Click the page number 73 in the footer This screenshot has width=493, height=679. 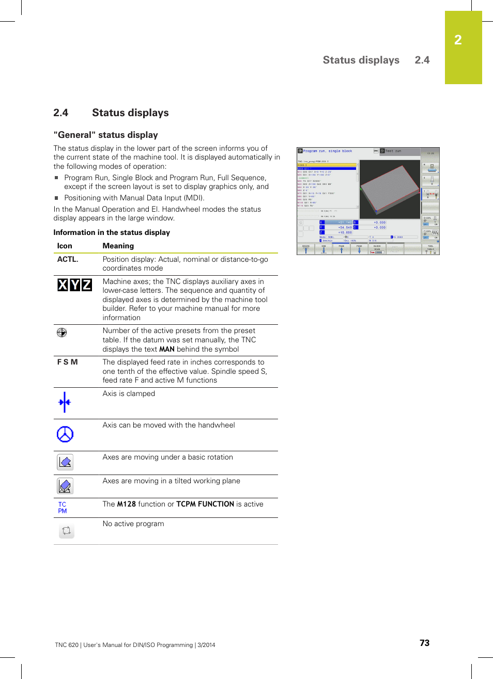pyautogui.click(x=424, y=643)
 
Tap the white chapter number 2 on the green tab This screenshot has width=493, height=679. pyautogui.click(x=458, y=40)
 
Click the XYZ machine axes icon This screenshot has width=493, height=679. pyautogui.click(x=74, y=285)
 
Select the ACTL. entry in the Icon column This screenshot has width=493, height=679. pyautogui.click(x=68, y=259)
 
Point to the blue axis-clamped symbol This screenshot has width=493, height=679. pyautogui.click(x=65, y=402)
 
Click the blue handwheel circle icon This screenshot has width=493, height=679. pyautogui.click(x=65, y=434)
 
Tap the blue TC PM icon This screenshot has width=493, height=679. pyautogui.click(x=63, y=508)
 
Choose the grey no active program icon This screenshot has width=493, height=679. pyautogui.click(x=66, y=530)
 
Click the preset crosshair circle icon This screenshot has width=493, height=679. pyautogui.click(x=61, y=333)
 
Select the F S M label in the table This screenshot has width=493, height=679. pyautogui.click(x=67, y=362)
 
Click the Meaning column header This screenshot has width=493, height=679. pyautogui.click(x=118, y=246)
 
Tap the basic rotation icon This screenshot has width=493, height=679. pyautogui.click(x=65, y=462)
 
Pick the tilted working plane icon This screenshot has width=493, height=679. pyautogui.click(x=65, y=486)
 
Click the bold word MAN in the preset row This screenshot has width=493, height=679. pyautogui.click(x=166, y=349)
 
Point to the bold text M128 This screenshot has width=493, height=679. pyautogui.click(x=126, y=504)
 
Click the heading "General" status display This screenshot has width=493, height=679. pyautogui.click(x=105, y=135)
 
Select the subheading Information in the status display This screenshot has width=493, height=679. pyautogui.click(x=112, y=232)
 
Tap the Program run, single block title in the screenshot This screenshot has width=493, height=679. pyautogui.click(x=327, y=151)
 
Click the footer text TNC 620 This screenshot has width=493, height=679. pyautogui.click(x=67, y=645)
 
